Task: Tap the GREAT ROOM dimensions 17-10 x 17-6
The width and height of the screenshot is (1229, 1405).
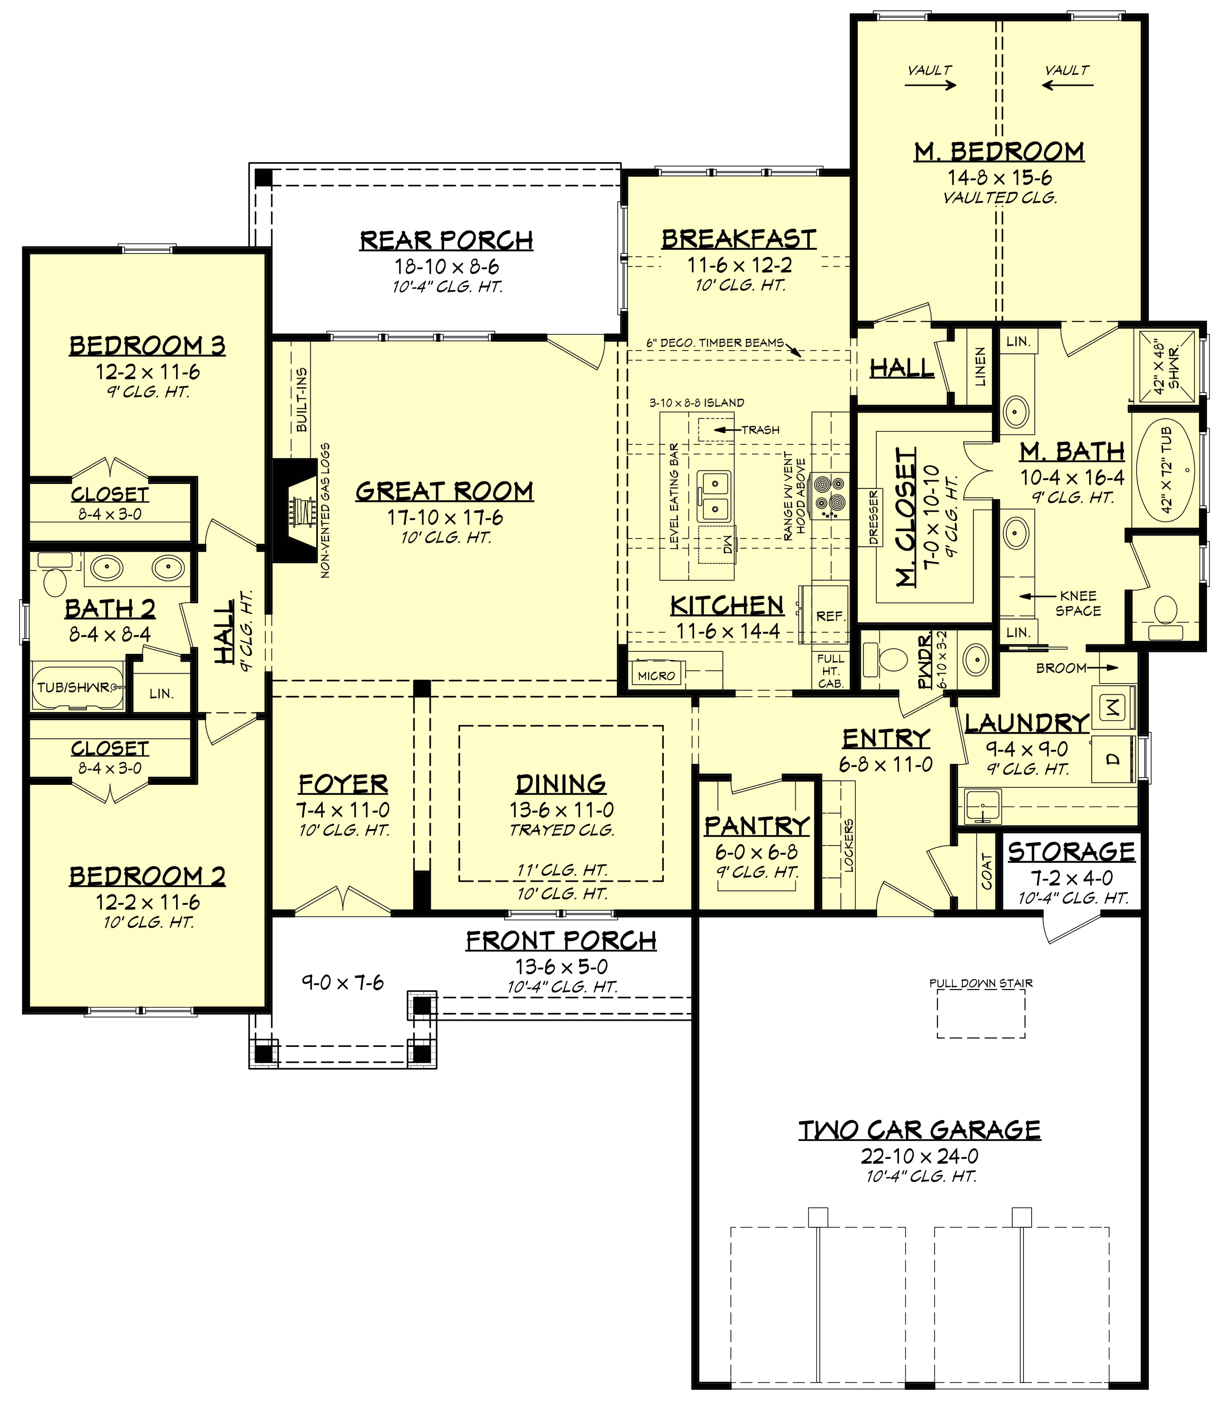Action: coord(445,518)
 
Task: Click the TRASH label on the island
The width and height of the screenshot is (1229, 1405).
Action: coord(760,430)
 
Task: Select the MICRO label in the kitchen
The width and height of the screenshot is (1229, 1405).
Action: coord(656,676)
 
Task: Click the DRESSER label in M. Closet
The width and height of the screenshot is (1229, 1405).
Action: coord(873,518)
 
